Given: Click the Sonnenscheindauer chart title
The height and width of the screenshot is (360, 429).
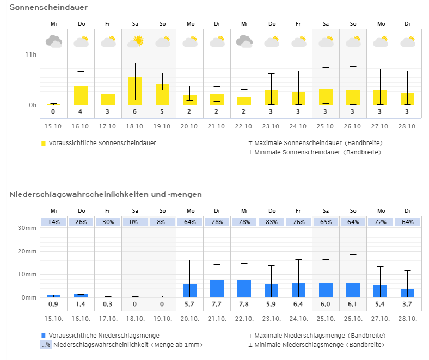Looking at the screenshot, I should [48, 7].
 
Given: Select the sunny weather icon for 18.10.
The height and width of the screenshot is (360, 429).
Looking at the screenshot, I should [136, 41].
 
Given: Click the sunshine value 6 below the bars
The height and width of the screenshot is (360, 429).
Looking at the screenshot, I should [136, 112].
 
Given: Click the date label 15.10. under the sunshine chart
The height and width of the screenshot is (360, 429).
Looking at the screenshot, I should [53, 126].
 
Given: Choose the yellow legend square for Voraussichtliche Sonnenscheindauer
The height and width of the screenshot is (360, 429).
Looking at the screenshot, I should [44, 143].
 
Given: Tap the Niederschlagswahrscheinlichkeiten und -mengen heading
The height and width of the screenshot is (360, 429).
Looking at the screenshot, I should [106, 194].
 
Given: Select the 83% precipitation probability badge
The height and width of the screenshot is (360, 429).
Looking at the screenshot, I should [271, 222].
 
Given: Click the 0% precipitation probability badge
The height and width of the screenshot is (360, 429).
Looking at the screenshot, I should [136, 222].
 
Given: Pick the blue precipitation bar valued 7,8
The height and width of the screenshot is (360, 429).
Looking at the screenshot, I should [244, 288].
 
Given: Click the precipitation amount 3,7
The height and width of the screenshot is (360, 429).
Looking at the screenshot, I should [407, 303].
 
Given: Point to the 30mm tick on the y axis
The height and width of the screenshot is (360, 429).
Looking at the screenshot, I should [28, 228].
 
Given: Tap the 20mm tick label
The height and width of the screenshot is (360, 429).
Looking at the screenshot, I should [28, 251].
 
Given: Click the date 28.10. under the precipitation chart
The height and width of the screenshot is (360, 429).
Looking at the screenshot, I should [407, 319].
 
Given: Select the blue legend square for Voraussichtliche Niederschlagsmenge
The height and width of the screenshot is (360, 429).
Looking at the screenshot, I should [44, 336].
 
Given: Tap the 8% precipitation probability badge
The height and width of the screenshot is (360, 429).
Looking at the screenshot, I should [163, 222].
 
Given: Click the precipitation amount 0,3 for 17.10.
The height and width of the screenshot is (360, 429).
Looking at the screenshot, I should [108, 303].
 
